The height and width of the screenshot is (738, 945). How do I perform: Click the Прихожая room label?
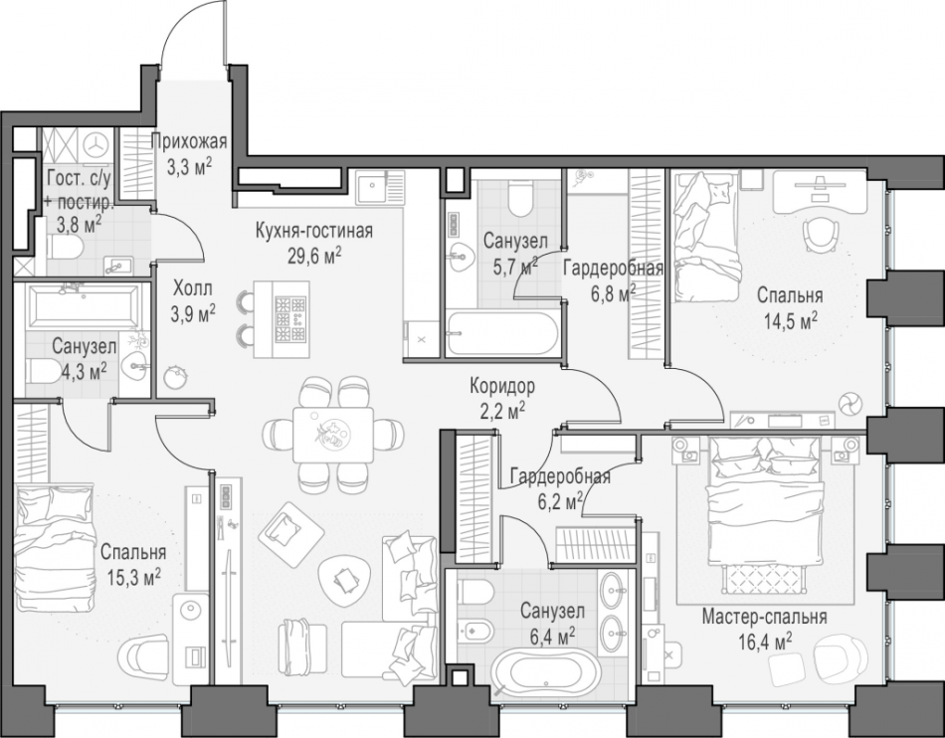point(189,142)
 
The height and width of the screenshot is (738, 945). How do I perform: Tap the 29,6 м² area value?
point(314,256)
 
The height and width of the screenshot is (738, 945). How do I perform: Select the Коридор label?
point(502,386)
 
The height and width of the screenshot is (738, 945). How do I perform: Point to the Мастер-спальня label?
point(764,617)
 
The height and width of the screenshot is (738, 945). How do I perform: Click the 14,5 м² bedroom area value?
point(791,320)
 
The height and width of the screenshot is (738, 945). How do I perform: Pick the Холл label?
point(193,289)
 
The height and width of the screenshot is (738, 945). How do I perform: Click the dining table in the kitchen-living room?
point(333,435)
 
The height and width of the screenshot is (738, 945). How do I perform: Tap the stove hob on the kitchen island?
point(290,319)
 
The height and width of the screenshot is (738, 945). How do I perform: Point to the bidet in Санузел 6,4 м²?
point(475,632)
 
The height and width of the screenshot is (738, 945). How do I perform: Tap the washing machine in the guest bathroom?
point(95,145)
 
